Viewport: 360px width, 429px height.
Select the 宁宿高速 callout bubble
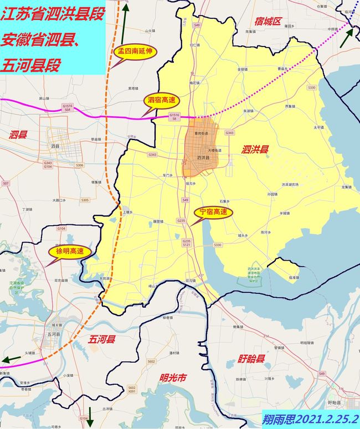tap(213, 212)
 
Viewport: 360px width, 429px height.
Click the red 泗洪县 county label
tap(255, 149)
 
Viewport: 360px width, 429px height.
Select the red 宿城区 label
tap(269, 22)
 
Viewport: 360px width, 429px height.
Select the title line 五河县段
tap(30, 65)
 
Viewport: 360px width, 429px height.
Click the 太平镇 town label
tap(318, 127)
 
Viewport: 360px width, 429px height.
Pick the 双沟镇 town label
tap(191, 281)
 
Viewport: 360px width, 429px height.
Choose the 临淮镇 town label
tap(294, 277)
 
